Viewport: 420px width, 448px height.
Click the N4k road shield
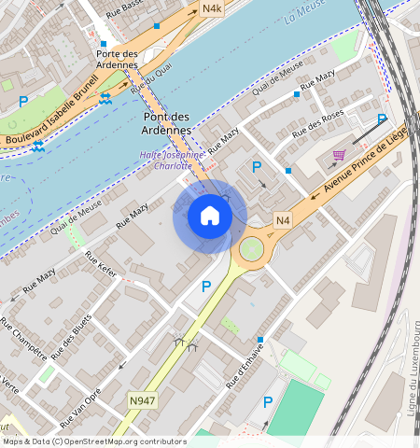(x=212, y=9)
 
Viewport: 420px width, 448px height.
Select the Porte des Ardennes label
(x=119, y=59)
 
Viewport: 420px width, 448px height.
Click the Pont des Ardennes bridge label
(x=168, y=123)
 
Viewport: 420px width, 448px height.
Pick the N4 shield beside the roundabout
(x=284, y=220)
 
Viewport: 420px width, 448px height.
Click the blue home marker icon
(x=210, y=217)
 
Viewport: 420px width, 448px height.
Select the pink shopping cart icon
(x=339, y=155)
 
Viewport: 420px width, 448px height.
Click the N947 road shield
(x=142, y=399)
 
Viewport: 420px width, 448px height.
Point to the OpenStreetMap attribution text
(x=93, y=441)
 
